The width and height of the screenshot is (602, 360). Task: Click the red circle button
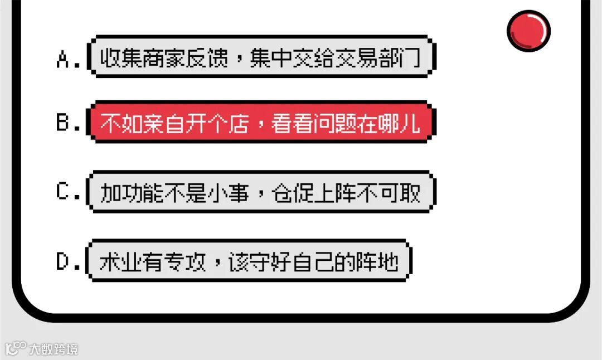528,30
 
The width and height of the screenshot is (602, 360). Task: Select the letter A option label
64,59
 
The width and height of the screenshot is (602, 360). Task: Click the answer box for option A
260,57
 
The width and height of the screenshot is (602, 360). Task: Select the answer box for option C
260,192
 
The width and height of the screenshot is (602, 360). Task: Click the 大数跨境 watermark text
54,349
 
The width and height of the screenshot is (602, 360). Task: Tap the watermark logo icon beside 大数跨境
16,349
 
